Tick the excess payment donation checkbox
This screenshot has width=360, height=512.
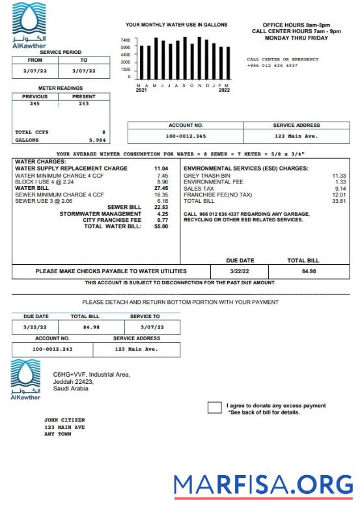[x=214, y=408]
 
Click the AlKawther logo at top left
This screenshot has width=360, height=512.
[x=29, y=25]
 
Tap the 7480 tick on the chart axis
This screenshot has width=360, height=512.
[x=126, y=40]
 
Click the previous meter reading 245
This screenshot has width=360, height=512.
[x=35, y=103]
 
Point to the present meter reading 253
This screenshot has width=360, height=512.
[x=83, y=103]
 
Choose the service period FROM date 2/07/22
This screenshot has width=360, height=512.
[x=35, y=70]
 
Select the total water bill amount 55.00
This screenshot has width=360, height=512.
[x=161, y=226]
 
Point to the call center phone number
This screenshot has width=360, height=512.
[x=272, y=66]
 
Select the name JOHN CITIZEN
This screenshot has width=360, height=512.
[x=64, y=420]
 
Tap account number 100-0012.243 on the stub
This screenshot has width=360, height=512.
[x=53, y=349]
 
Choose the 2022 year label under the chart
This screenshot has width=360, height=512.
[x=224, y=90]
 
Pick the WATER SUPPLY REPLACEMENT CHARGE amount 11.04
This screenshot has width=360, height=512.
[x=161, y=168]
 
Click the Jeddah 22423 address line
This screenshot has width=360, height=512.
[x=73, y=381]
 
